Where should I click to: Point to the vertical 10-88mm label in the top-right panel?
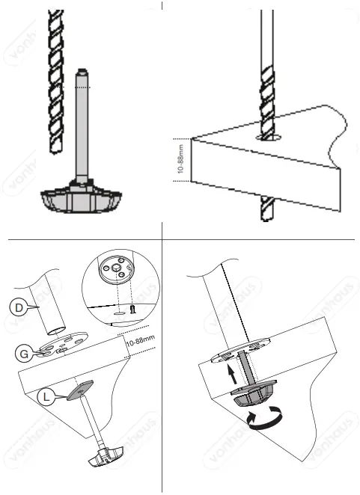click(179, 160)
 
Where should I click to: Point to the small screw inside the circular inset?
click(132, 308)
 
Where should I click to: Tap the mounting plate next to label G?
click(63, 346)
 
